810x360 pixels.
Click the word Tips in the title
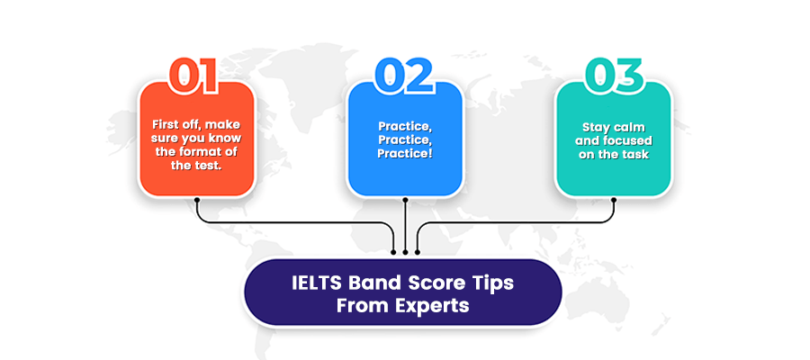494,283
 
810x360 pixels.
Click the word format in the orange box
210,152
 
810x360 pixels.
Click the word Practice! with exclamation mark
404,153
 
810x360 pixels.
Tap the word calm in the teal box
631,127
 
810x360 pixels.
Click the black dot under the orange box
197,200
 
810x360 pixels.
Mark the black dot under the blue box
406,200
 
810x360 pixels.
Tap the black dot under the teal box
614,200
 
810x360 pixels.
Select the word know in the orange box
229,139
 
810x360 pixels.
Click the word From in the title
364,306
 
